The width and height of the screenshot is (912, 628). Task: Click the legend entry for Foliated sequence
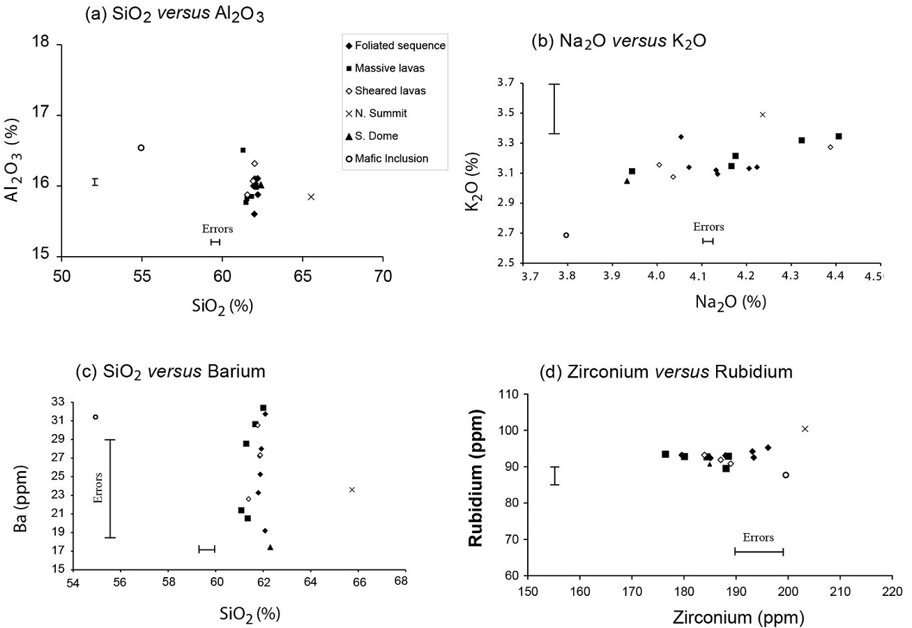point(395,46)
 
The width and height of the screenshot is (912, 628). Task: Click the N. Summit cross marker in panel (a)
point(311,197)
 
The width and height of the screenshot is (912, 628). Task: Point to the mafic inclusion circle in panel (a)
point(141,148)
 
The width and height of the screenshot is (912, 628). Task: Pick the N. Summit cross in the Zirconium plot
point(805,428)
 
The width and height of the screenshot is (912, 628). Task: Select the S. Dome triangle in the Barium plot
point(271,547)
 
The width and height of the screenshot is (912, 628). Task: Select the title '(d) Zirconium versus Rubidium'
point(666,373)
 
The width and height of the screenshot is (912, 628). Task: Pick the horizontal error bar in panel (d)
point(759,551)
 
